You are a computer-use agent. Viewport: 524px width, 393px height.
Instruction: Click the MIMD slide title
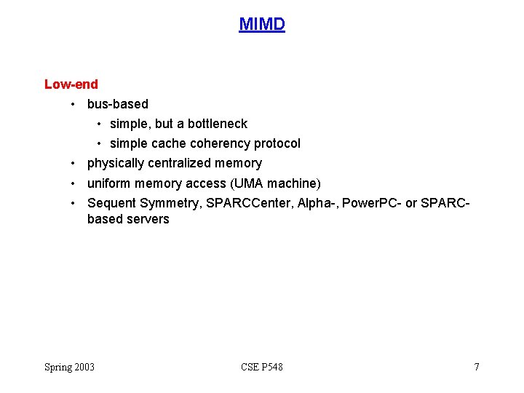coord(262,25)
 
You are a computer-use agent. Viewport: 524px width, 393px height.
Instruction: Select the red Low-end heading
coord(71,84)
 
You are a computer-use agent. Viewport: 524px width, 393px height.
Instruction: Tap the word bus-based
coord(117,104)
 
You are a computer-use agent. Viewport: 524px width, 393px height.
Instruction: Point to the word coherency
coord(220,143)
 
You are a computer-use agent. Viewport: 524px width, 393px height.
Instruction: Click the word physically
coord(116,163)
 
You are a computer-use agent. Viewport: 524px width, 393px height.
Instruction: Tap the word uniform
coord(108,183)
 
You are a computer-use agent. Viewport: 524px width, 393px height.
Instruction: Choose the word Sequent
coord(111,202)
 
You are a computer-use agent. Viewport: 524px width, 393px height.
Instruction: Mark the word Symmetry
coord(170,202)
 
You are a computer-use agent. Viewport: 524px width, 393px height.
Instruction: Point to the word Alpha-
coord(317,202)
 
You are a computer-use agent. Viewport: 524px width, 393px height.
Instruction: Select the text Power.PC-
coord(372,202)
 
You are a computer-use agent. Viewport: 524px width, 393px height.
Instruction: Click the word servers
coord(148,219)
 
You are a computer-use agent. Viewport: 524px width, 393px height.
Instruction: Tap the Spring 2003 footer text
coord(70,367)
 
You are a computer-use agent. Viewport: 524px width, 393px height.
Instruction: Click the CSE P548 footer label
coord(262,367)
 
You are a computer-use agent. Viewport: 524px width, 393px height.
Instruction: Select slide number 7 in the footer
coord(477,367)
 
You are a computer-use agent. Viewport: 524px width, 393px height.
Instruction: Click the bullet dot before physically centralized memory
coord(74,164)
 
